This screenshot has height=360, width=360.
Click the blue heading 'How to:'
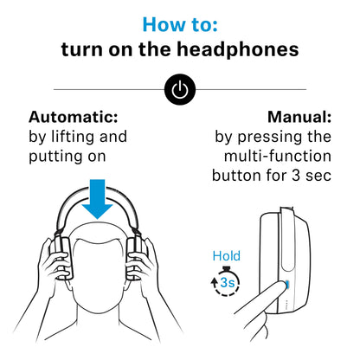tap(179, 23)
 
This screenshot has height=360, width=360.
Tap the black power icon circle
tap(180, 89)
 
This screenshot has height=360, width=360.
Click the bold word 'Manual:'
tap(299, 118)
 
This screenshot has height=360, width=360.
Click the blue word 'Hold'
tap(226, 256)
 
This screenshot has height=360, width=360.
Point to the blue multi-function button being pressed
tap(286, 285)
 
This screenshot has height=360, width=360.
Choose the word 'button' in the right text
tap(240, 175)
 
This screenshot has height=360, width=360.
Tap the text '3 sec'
tap(308, 175)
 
